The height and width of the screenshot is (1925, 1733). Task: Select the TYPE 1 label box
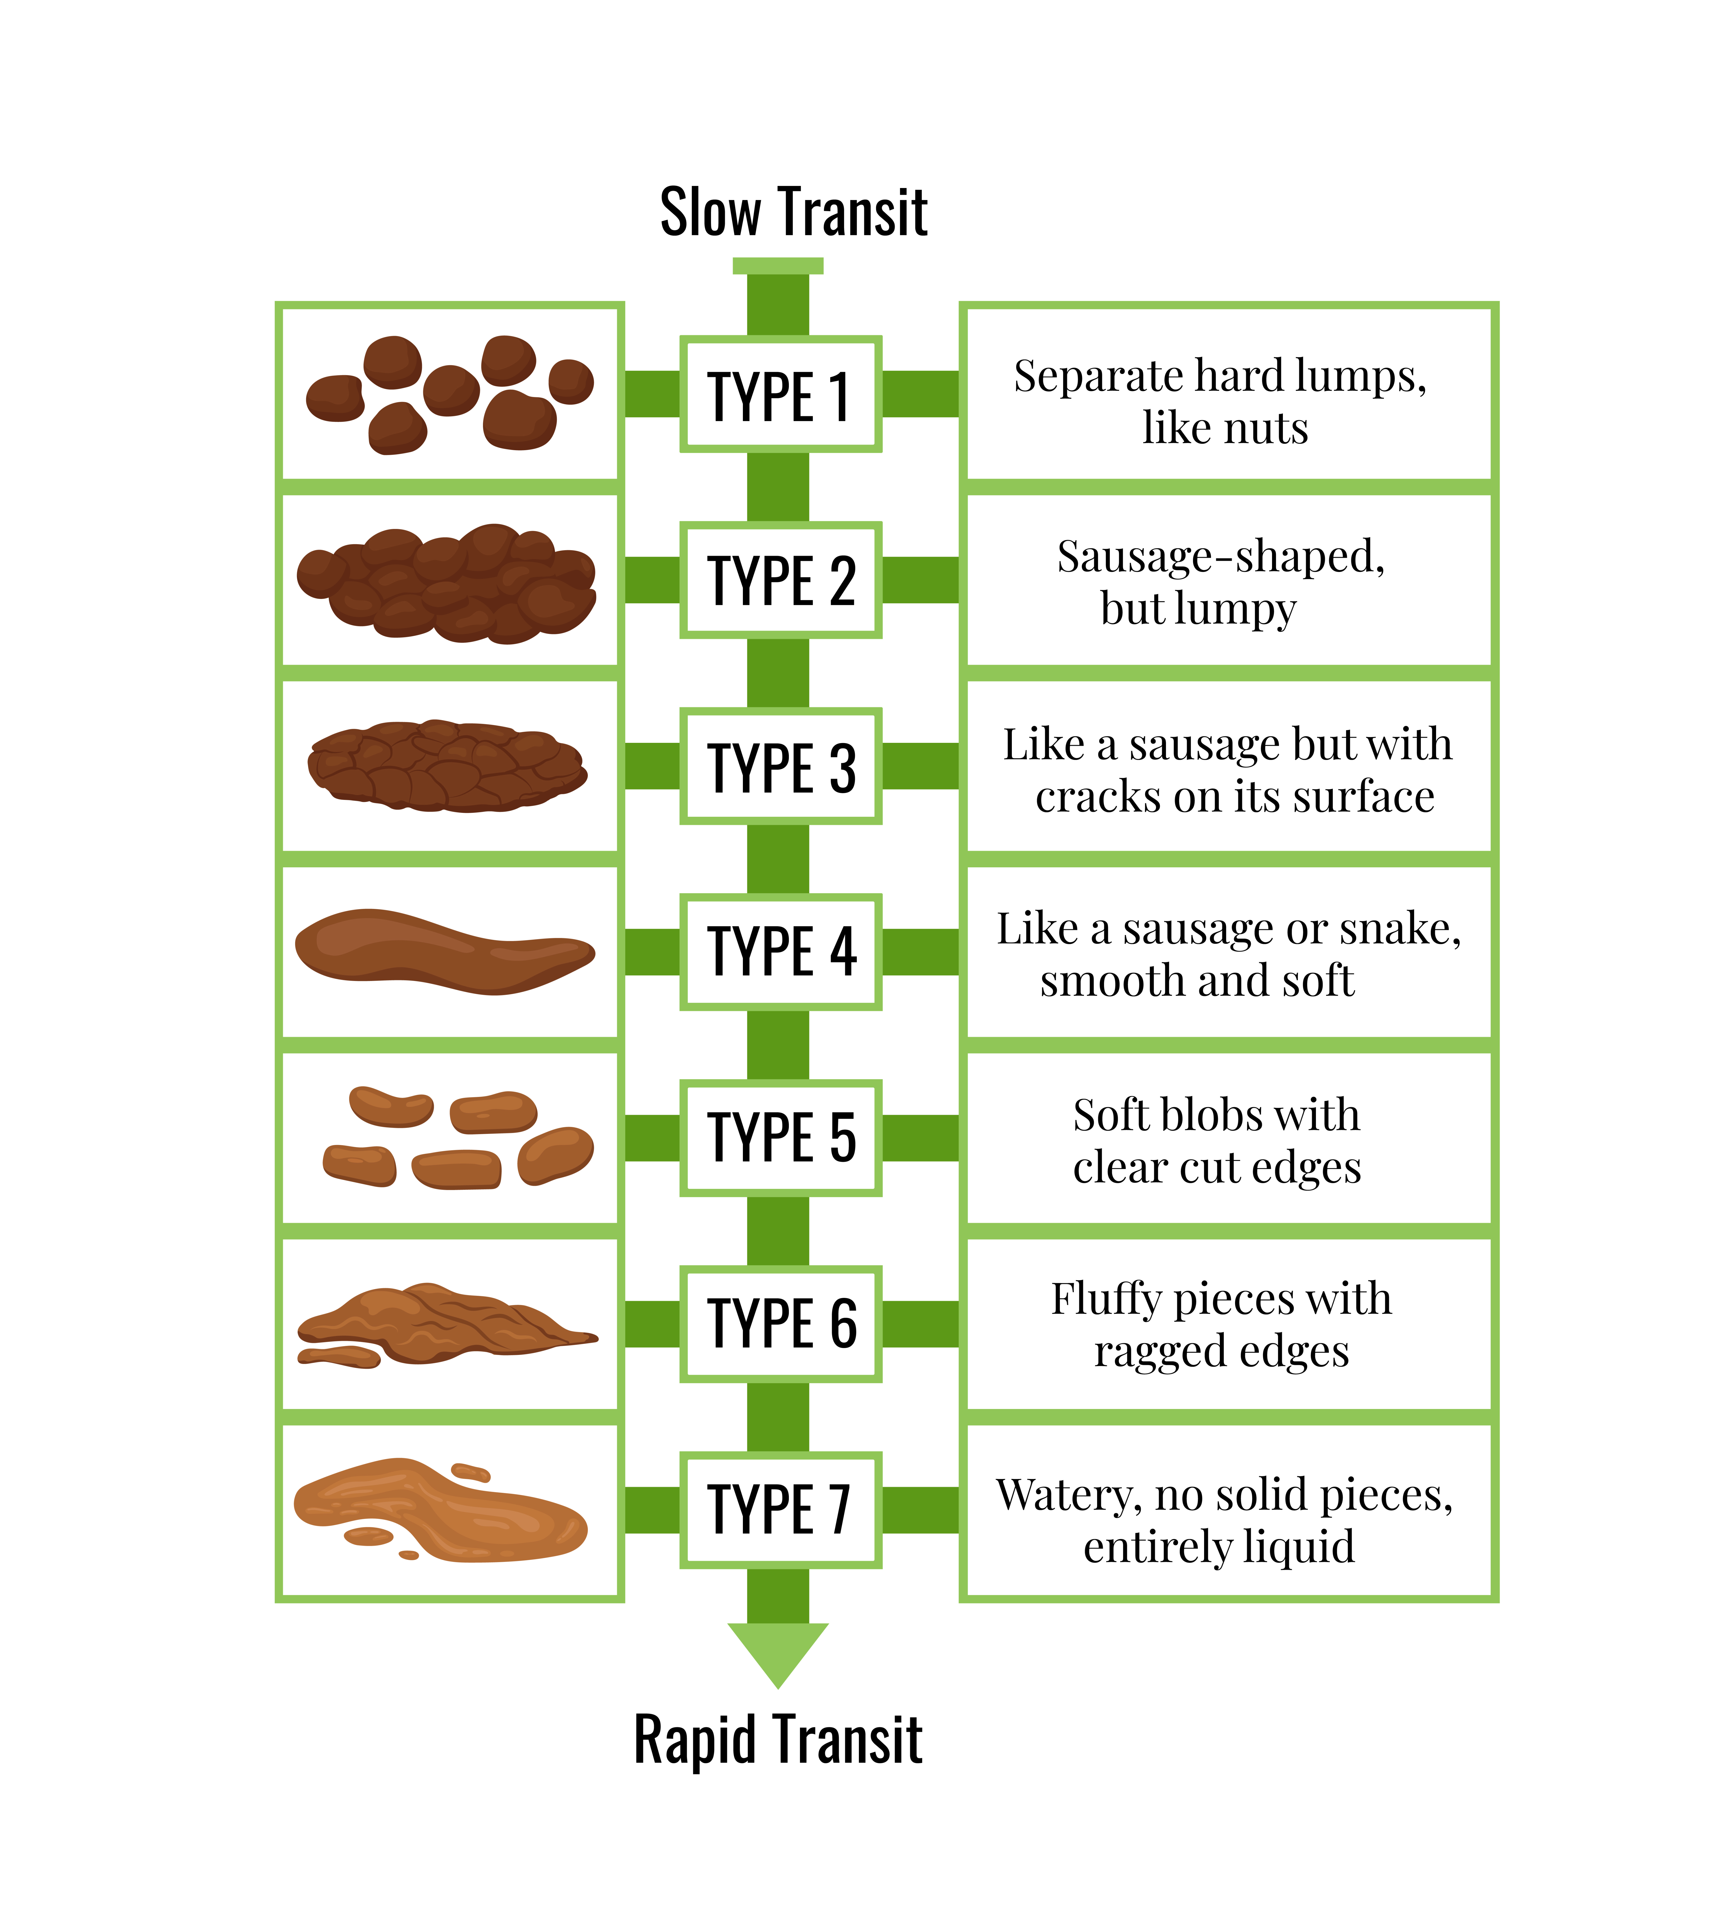coord(780,394)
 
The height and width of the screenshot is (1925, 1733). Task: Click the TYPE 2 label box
coord(780,580)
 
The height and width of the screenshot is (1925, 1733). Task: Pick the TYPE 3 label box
coord(780,766)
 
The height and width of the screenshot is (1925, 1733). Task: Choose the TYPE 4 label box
coord(780,952)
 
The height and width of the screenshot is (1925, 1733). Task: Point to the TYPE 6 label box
coord(780,1324)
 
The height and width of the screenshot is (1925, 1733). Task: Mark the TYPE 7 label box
coord(780,1510)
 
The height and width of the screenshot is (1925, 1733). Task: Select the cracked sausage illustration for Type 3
coord(446,766)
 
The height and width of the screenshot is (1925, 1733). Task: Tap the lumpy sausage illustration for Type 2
coord(446,583)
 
